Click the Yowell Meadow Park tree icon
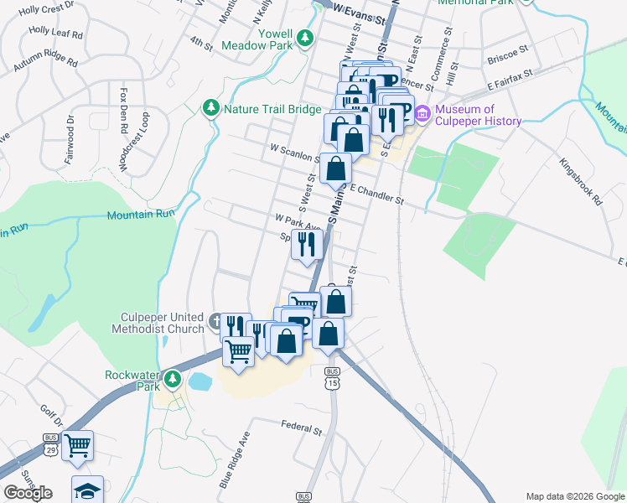pos(306,37)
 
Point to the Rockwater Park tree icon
pos(173,379)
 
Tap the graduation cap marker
pos(86,491)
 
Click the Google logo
pos(28,493)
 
